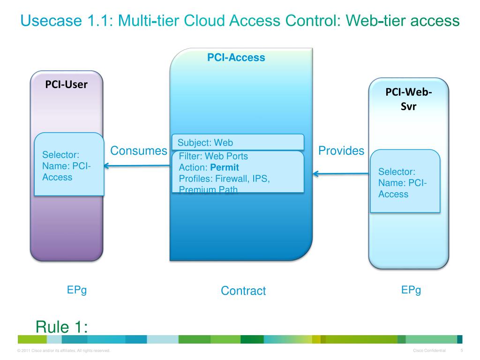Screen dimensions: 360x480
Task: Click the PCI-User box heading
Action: click(66, 85)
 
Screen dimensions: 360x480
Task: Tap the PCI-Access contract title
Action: click(236, 58)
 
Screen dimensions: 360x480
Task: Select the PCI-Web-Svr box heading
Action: click(408, 99)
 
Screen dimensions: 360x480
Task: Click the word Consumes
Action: click(138, 151)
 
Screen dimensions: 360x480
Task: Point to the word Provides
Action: click(341, 151)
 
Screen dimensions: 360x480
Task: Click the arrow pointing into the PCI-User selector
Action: click(136, 165)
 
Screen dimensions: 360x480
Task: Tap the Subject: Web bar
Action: click(238, 142)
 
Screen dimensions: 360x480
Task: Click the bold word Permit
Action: click(225, 167)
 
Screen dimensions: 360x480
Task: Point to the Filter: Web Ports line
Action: click(213, 156)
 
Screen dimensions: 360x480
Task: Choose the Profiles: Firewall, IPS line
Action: click(224, 179)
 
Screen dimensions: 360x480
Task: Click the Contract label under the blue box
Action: click(243, 291)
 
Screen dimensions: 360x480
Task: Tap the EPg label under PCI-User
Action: click(77, 290)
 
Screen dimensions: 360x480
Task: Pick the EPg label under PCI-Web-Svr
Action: click(411, 290)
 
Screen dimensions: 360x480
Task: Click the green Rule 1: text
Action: click(62, 327)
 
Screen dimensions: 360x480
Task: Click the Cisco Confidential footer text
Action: click(429, 351)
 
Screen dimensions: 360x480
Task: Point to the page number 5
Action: click(462, 351)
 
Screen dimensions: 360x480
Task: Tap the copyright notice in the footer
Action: click(63, 351)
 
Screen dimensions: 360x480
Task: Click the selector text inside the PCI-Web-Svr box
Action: click(402, 183)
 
